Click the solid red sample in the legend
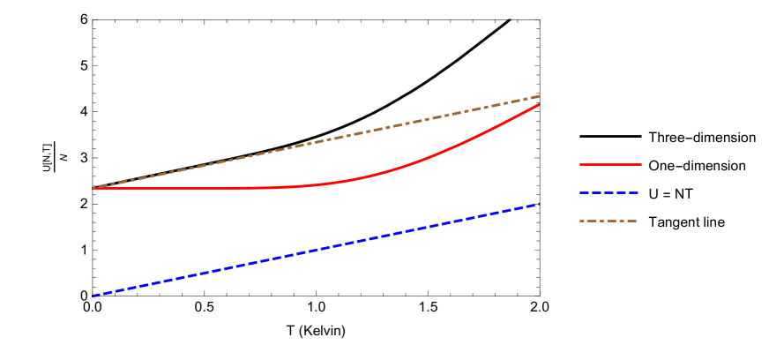coord(610,164)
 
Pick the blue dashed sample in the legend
coord(609,192)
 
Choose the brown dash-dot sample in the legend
coord(608,221)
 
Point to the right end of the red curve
coord(539,104)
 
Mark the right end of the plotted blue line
coord(539,204)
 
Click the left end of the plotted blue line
coord(93,296)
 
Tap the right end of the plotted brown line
coord(539,95)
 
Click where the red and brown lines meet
coord(93,189)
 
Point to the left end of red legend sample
coord(580,164)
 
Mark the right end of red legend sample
coord(641,164)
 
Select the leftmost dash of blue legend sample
coord(584,192)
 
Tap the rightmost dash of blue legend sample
coord(633,192)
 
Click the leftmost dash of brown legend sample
coord(584,221)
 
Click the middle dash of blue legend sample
coord(609,192)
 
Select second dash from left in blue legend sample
coord(596,192)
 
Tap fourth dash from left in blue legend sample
coord(622,192)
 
